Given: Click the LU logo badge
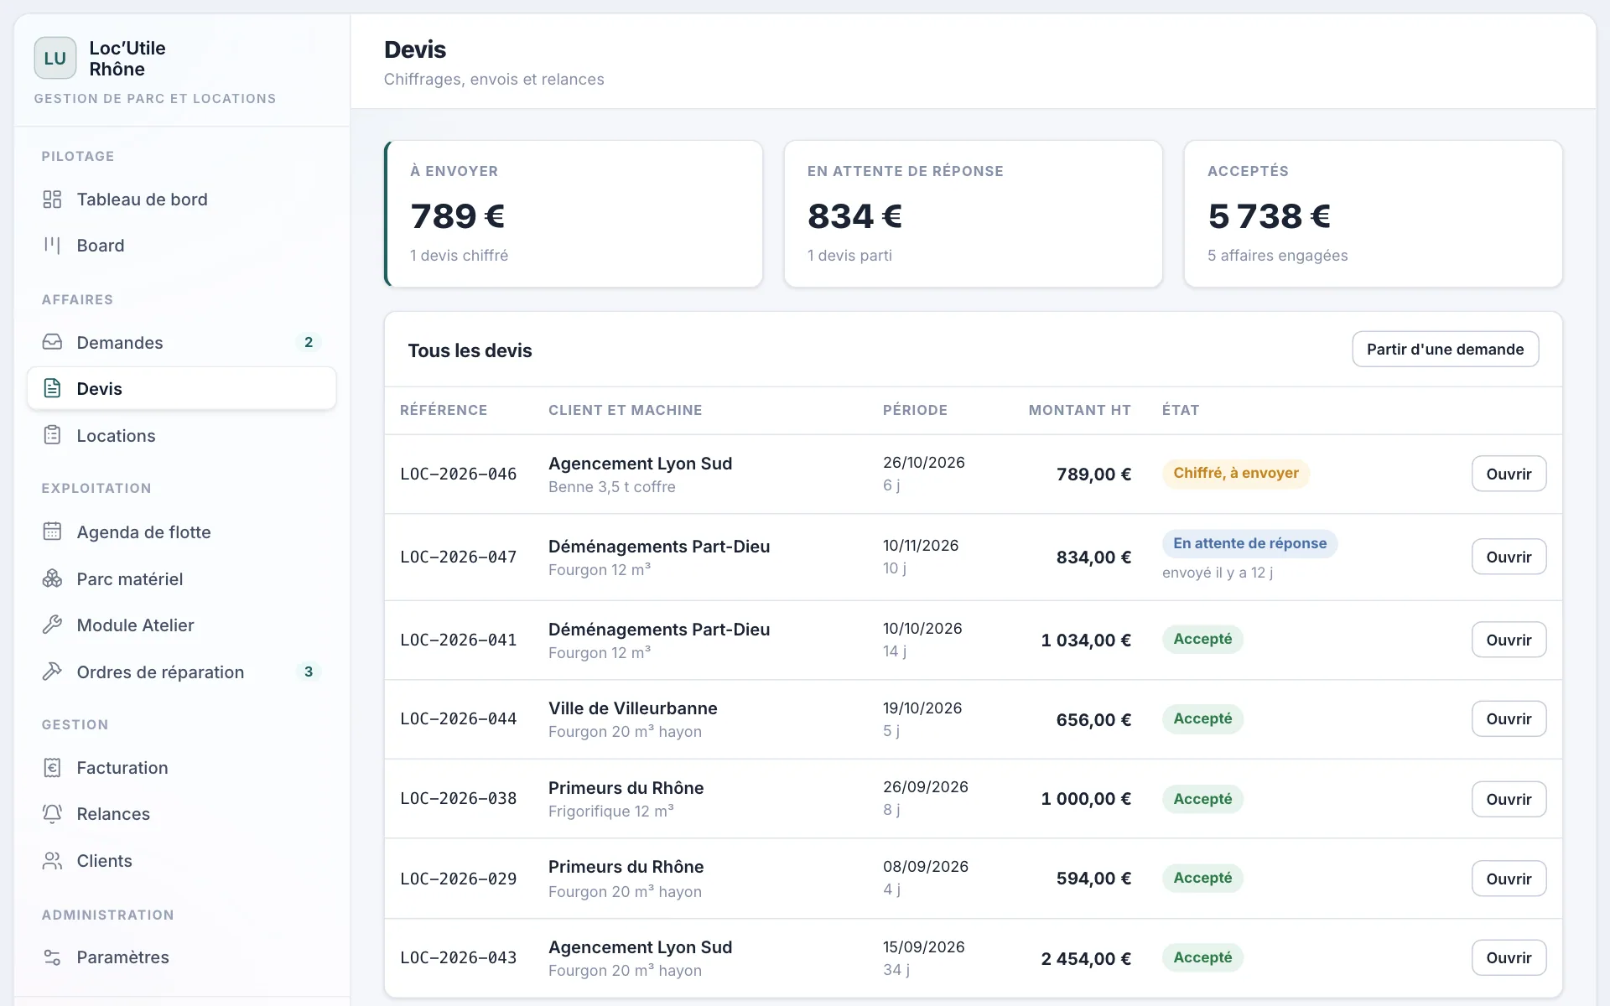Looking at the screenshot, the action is click(x=55, y=58).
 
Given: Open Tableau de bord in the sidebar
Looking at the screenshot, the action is click(x=142, y=200).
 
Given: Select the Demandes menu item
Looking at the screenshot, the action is click(x=120, y=343).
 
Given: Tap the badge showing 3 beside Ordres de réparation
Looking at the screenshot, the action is click(x=309, y=672).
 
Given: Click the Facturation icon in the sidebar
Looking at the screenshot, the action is click(x=52, y=767).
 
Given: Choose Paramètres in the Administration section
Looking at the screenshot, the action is click(x=122, y=957).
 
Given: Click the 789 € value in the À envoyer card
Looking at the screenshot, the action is click(x=458, y=216).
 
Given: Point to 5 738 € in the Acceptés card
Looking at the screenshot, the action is click(x=1270, y=216).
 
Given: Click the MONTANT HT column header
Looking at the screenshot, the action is click(x=1080, y=410).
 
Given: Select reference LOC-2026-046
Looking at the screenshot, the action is click(x=459, y=474).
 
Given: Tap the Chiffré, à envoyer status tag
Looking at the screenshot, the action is click(x=1236, y=473).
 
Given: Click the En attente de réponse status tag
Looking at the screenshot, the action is click(x=1249, y=543).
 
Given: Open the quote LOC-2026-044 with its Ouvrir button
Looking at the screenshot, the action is click(x=1509, y=719).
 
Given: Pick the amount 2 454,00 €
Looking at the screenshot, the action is click(x=1086, y=958).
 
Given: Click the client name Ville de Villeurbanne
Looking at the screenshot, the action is click(x=633, y=708).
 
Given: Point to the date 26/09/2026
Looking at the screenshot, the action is click(x=926, y=787).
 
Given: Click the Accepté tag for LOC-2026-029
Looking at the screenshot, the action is click(x=1202, y=878).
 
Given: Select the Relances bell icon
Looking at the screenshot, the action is click(x=52, y=813).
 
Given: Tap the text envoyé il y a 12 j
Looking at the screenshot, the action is click(x=1218, y=573).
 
